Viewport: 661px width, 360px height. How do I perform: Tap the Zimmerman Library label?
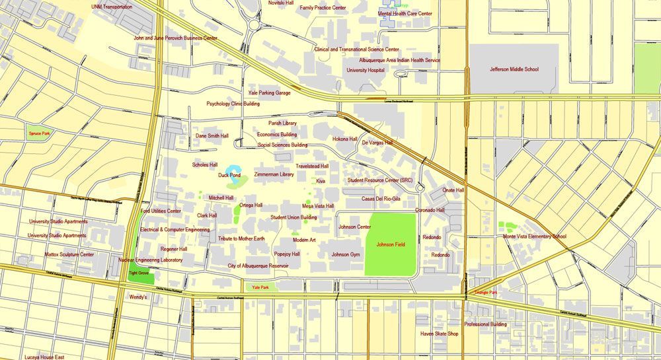pos(274,174)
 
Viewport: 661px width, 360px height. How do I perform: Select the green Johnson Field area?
pos(390,245)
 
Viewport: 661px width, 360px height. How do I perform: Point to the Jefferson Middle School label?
pos(514,69)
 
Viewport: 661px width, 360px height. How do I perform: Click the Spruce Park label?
pos(39,133)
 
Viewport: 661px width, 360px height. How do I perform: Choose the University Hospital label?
pos(366,69)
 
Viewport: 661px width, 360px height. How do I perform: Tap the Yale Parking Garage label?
pos(269,93)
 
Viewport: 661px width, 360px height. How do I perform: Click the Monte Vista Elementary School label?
pos(534,236)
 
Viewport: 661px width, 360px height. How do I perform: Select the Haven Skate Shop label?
pos(439,334)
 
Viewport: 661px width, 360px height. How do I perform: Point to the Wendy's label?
pos(137,297)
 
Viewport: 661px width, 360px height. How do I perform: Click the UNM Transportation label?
pos(112,7)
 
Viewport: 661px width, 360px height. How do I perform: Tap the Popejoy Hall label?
pos(287,254)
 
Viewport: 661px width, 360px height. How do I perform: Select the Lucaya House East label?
pos(44,357)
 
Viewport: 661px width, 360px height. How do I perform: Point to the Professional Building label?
pos(485,324)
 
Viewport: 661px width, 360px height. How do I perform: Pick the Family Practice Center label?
pos(323,8)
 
